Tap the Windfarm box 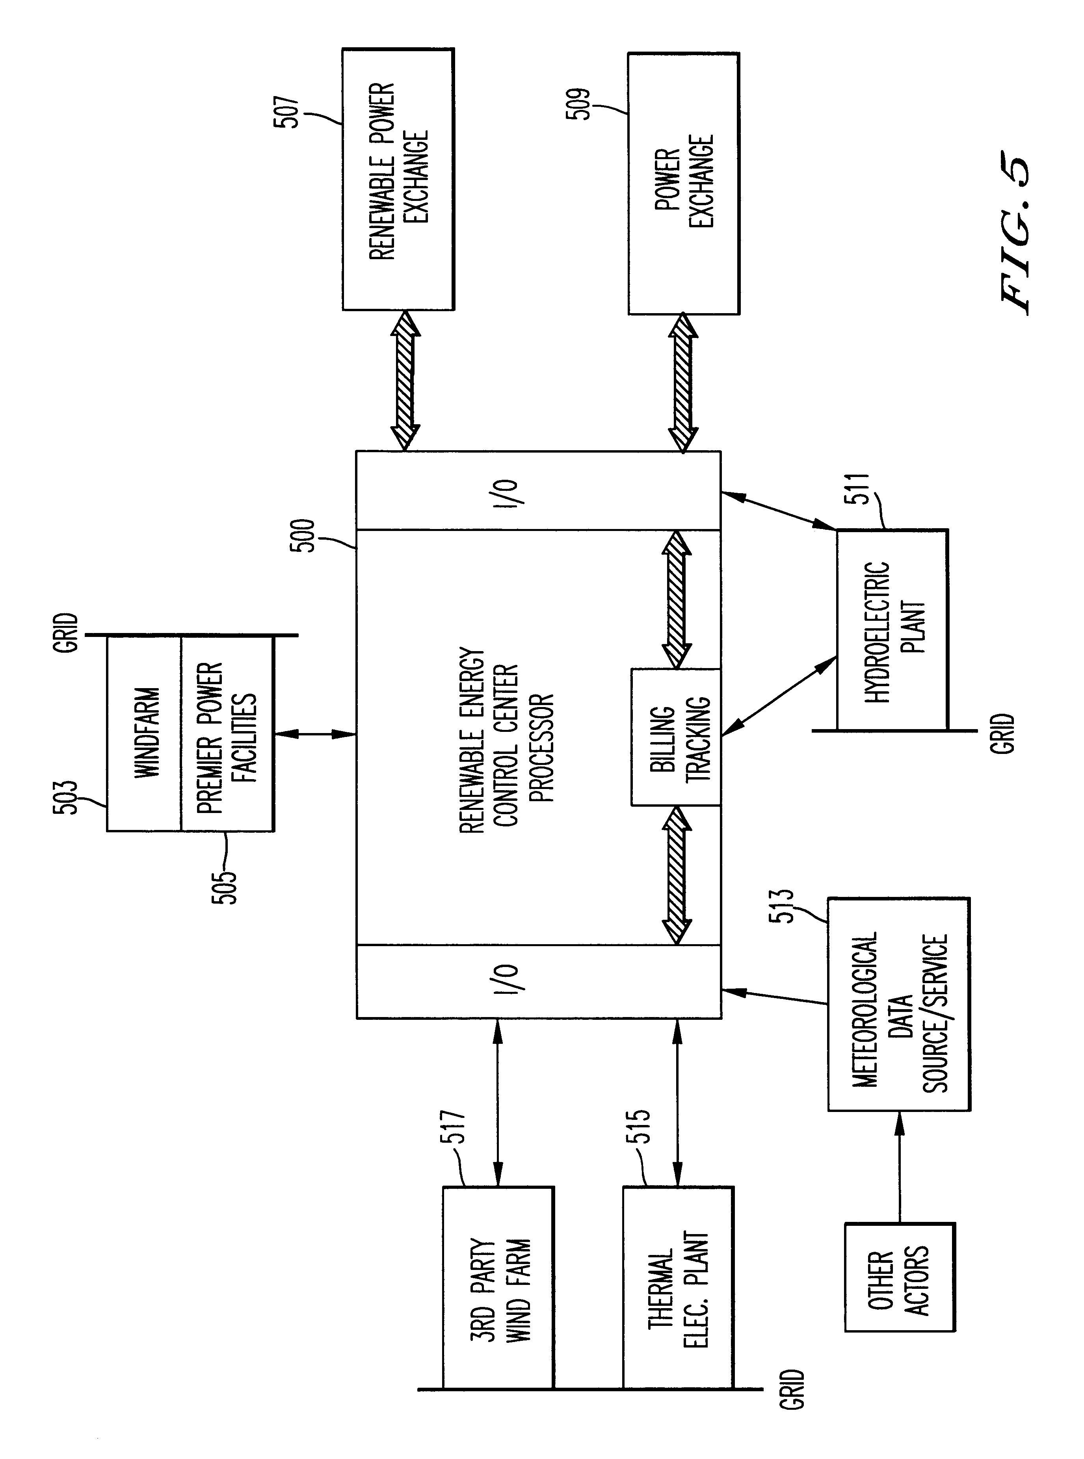[144, 733]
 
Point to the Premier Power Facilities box [227, 733]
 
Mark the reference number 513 [785, 906]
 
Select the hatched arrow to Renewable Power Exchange [405, 381]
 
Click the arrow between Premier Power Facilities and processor [315, 734]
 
